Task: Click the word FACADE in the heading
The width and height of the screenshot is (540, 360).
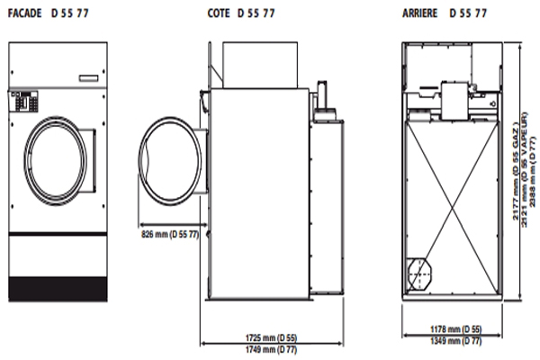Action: coord(24,13)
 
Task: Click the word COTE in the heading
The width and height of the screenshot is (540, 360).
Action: coord(219,13)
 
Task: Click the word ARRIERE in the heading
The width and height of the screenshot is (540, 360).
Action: coord(419,13)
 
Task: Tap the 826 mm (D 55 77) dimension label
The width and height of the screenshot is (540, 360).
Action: coord(170,235)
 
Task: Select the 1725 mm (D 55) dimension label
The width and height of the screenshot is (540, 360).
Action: coord(271,337)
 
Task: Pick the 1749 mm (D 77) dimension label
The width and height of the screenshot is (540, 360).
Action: coord(271,350)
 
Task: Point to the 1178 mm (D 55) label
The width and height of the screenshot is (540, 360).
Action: coord(455,329)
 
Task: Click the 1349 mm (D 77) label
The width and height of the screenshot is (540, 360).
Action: coord(455,341)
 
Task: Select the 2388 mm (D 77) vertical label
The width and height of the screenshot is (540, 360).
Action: coord(533,172)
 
